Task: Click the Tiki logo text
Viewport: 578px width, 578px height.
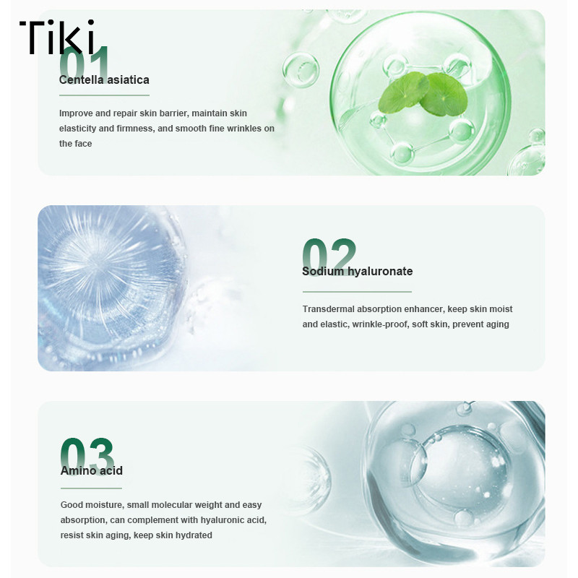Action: click(59, 37)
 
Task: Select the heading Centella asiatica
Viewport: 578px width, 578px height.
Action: click(104, 80)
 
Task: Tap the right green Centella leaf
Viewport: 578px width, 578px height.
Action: click(444, 94)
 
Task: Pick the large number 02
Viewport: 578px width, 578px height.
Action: click(329, 255)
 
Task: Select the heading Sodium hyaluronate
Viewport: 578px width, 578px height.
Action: click(357, 272)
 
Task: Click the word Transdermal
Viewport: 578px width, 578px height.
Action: click(329, 309)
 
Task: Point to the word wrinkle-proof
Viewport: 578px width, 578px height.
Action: click(381, 324)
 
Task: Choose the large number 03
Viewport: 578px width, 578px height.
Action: click(87, 457)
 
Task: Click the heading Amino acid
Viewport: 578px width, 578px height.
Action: click(92, 471)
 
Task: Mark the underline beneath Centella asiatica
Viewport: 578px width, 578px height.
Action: click(104, 95)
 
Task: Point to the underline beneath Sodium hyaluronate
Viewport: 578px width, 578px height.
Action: click(357, 292)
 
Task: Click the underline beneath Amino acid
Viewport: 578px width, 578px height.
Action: click(92, 488)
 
